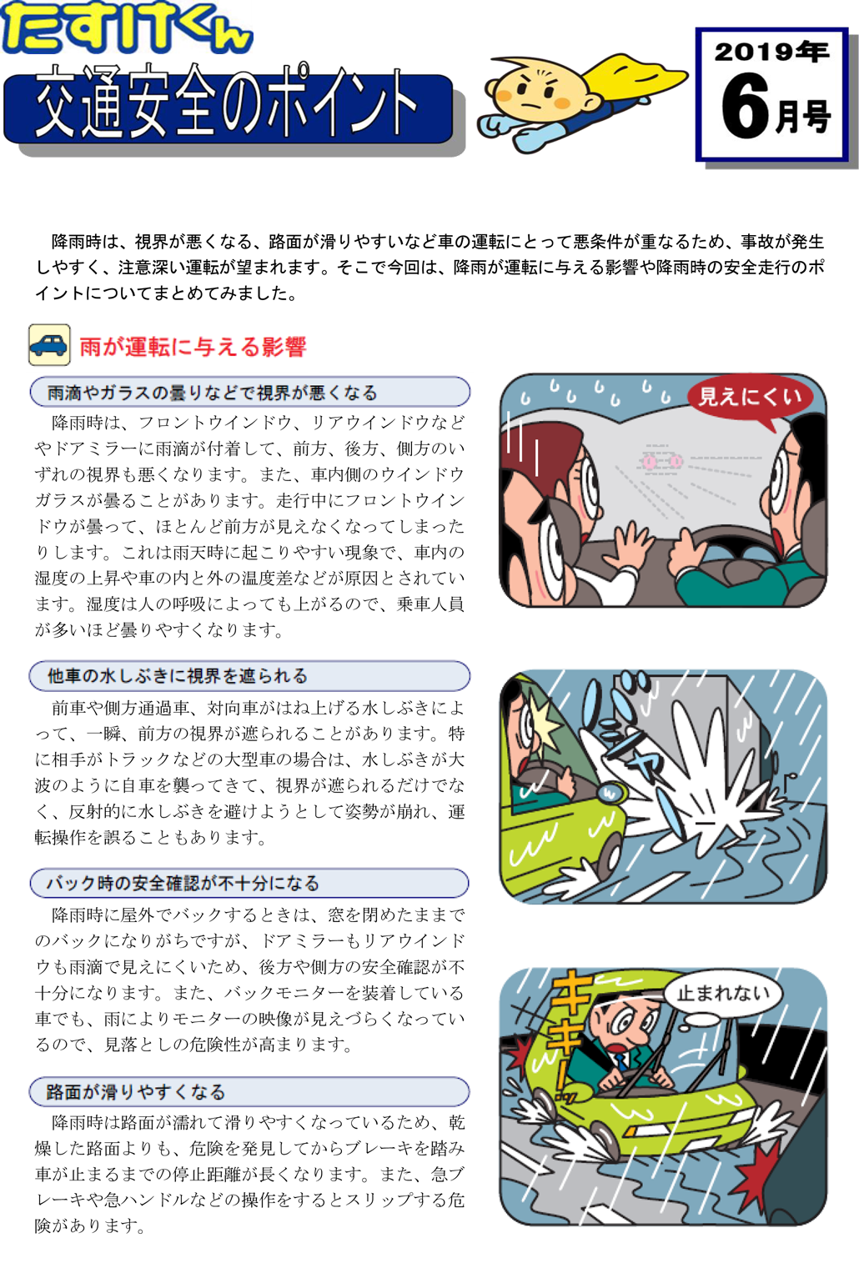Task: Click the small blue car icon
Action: (x=50, y=344)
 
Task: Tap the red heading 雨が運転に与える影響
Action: (x=193, y=346)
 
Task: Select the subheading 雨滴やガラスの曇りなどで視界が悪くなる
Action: (x=212, y=393)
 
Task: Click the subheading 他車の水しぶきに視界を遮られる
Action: (x=177, y=675)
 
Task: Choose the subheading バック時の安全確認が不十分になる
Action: (x=183, y=883)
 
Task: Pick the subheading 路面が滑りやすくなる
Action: (x=136, y=1092)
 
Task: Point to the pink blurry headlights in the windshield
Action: (x=661, y=462)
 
